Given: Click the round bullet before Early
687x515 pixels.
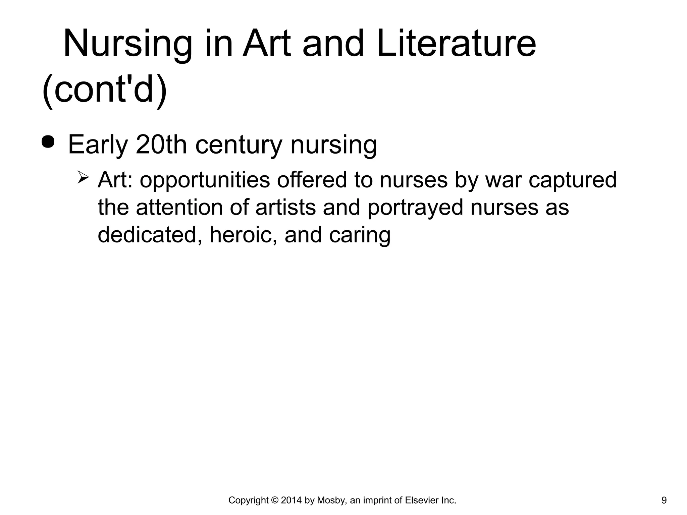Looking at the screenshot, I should [x=48, y=141].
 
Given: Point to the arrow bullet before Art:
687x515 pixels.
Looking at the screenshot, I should [x=83, y=176].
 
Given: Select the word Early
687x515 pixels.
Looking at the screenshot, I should [x=98, y=145].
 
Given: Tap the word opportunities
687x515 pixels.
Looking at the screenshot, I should [x=205, y=180].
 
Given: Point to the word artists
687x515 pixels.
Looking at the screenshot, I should [x=285, y=207].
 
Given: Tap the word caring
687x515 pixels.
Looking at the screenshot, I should [x=360, y=235].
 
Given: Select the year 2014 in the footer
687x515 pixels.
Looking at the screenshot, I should [x=292, y=501].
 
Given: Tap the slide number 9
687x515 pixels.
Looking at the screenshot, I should [x=664, y=501].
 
